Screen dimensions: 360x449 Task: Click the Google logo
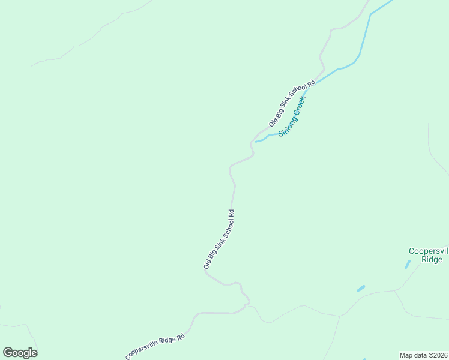point(20,353)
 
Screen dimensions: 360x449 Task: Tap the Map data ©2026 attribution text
point(424,355)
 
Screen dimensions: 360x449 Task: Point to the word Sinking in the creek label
point(286,124)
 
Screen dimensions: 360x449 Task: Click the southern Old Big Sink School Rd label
point(218,238)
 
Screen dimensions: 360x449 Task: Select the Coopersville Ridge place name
point(428,255)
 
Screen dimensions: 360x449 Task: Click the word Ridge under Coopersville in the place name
point(432,260)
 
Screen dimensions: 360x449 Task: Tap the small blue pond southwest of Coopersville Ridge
point(361,289)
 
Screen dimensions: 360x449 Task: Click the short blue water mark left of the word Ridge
point(408,264)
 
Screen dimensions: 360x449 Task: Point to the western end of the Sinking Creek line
point(256,142)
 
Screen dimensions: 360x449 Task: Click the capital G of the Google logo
point(8,353)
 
